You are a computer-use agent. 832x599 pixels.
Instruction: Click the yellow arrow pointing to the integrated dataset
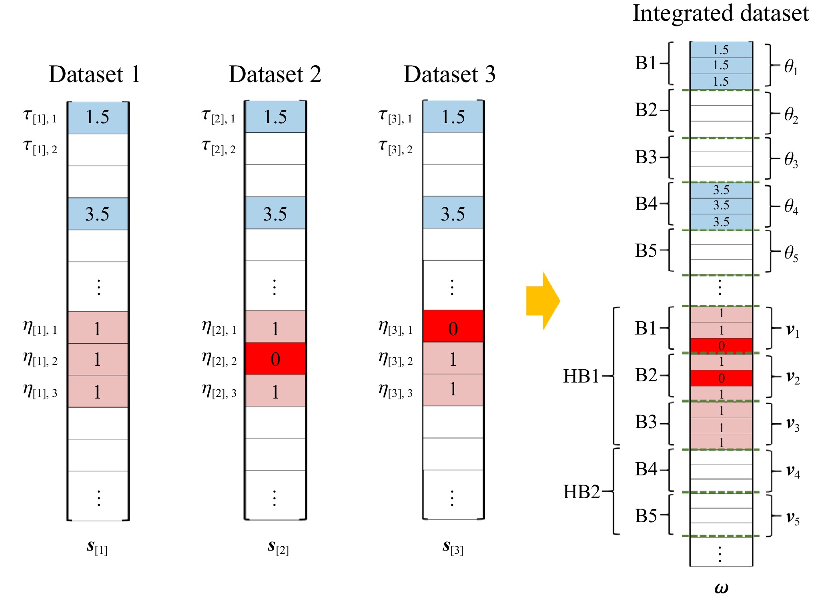point(543,301)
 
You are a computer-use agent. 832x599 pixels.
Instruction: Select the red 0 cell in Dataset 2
point(275,359)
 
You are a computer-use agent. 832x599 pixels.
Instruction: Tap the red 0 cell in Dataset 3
point(453,326)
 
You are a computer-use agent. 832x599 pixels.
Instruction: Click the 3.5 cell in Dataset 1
point(98,214)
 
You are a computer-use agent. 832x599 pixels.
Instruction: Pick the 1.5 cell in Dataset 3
point(453,116)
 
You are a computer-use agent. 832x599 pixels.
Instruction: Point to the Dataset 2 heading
point(275,74)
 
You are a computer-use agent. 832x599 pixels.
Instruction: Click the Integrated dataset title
point(721,14)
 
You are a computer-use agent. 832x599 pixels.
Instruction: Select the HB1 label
point(581,376)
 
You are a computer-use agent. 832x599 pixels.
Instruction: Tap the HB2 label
point(581,492)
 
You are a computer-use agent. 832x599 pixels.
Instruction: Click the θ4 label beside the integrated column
point(791,206)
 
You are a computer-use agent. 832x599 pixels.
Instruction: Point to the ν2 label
point(793,377)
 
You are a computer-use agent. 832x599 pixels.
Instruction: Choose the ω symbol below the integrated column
point(721,588)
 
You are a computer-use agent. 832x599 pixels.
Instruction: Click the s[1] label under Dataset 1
point(97,547)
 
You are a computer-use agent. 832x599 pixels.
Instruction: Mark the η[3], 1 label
point(395,328)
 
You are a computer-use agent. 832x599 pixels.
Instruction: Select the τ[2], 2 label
point(219,147)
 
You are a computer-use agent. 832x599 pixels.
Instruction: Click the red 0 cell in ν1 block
point(721,346)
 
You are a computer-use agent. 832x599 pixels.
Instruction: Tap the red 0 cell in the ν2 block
point(721,378)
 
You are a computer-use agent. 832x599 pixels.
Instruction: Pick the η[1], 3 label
point(40,391)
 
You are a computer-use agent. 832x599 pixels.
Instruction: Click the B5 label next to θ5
point(646,250)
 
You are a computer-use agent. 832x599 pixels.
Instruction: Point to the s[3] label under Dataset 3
point(453,547)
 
